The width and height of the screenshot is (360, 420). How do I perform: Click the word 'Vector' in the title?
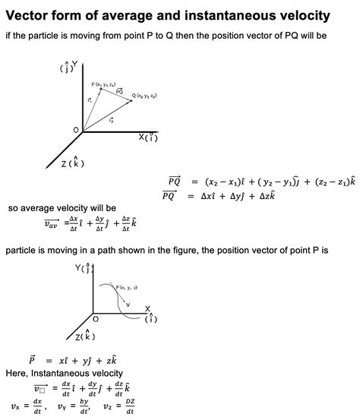[x=30, y=14]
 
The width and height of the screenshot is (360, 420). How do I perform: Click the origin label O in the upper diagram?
[x=76, y=131]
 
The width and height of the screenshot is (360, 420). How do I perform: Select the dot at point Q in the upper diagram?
[x=130, y=99]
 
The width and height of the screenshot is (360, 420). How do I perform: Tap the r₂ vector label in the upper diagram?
[x=111, y=119]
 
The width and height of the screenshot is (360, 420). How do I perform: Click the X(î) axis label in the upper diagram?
[x=147, y=137]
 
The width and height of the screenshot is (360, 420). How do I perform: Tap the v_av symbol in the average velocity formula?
[x=55, y=223]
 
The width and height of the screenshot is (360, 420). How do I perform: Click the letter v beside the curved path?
[x=127, y=305]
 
